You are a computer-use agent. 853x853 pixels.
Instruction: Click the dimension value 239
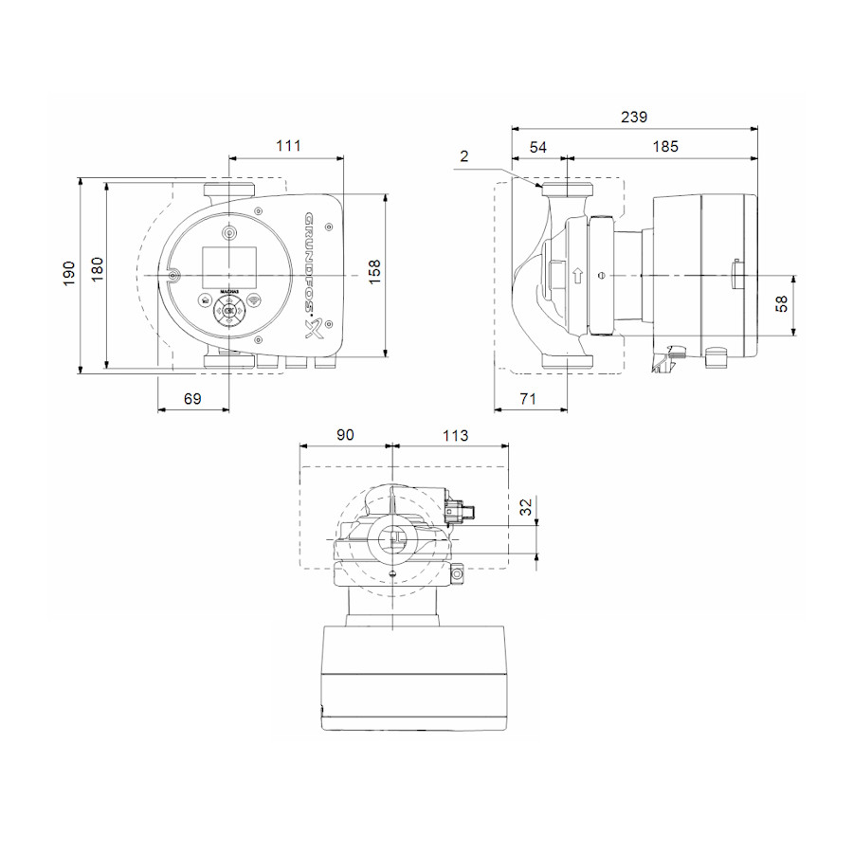634,117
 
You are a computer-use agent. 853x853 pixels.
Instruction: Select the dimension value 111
288,146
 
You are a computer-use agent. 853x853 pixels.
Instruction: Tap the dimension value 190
69,274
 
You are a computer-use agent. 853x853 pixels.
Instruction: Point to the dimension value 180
97,269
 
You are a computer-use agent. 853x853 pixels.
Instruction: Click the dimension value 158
374,272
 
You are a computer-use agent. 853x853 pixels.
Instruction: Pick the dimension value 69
192,399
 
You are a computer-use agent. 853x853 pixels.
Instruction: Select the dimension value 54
538,147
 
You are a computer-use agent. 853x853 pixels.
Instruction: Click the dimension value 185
665,146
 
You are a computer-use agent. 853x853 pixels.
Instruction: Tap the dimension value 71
528,399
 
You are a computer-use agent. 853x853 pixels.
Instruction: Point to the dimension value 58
782,303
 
